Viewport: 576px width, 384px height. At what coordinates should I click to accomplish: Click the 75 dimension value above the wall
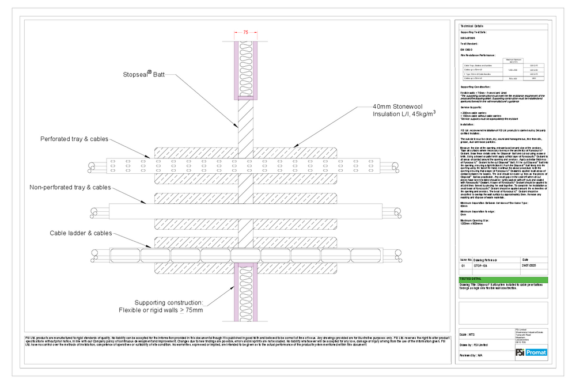246,33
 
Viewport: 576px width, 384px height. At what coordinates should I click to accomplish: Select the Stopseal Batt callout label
143,74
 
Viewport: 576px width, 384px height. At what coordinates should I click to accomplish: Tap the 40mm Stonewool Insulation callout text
404,110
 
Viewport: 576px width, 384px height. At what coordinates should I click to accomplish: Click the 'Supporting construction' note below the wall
168,306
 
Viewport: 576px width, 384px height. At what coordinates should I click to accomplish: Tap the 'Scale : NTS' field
468,334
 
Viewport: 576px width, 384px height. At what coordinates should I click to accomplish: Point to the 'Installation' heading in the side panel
467,124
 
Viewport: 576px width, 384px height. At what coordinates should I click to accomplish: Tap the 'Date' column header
525,260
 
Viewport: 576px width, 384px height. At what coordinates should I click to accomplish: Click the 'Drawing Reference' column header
485,260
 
